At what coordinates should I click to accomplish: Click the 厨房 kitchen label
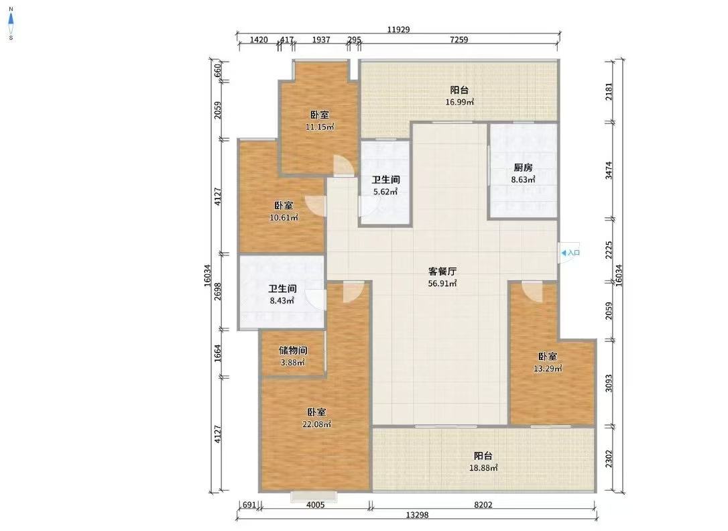[x=523, y=168]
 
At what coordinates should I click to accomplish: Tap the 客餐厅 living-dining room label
[x=442, y=271]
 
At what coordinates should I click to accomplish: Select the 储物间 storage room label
[x=293, y=351]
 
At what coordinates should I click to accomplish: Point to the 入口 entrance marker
[x=570, y=253]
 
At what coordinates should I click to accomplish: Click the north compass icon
[x=11, y=23]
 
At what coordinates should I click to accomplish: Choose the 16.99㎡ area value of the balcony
[x=459, y=102]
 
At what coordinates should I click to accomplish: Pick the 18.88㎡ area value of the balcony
[x=483, y=468]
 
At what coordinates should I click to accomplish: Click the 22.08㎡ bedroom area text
[x=316, y=424]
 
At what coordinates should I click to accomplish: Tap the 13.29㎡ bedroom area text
[x=548, y=369]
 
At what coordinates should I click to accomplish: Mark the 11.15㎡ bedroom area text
[x=320, y=127]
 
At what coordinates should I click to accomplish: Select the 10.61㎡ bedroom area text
[x=284, y=217]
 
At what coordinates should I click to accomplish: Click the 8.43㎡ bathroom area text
[x=282, y=300]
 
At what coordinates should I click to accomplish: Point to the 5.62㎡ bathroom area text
[x=386, y=191]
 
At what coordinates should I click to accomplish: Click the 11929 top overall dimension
[x=398, y=29]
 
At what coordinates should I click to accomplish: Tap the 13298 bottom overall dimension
[x=417, y=515]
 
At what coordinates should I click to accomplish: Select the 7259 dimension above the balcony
[x=459, y=40]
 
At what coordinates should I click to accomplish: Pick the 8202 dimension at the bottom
[x=483, y=505]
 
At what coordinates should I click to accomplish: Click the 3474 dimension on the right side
[x=609, y=170]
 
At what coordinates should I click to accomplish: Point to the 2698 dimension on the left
[x=218, y=292]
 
